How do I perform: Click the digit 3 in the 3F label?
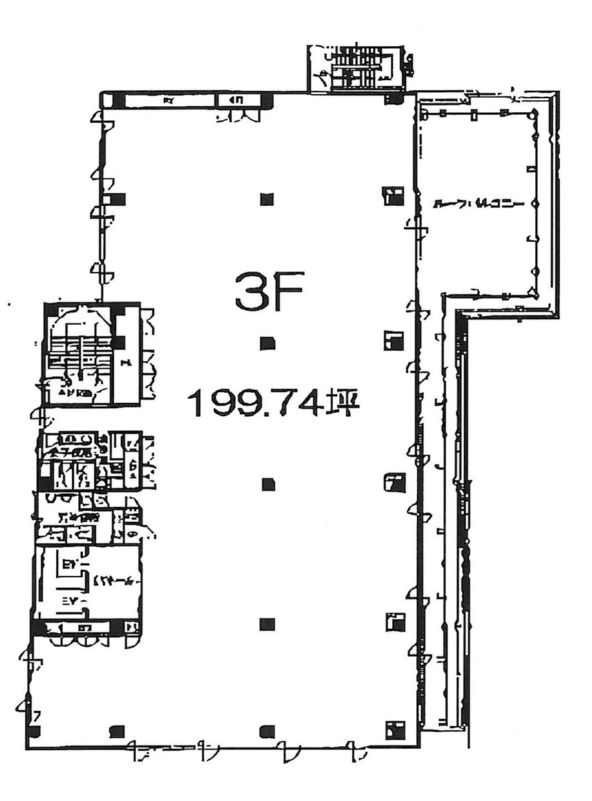point(251,291)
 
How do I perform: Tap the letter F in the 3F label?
point(287,291)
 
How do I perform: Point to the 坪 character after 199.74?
point(343,404)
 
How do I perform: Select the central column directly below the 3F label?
point(267,343)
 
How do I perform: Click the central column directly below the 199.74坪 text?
point(268,484)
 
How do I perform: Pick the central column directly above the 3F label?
point(267,198)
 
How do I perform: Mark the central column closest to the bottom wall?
point(267,730)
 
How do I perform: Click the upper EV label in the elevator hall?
point(67,565)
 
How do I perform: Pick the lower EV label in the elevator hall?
point(71,601)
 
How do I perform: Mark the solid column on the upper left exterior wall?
point(118,199)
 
